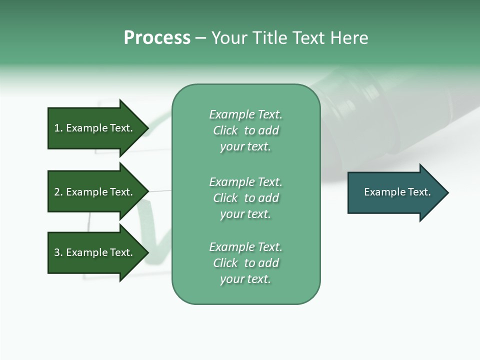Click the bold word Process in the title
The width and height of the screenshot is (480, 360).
(x=157, y=38)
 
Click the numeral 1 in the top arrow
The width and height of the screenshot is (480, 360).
(x=57, y=128)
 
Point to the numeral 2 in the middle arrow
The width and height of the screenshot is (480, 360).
(x=57, y=192)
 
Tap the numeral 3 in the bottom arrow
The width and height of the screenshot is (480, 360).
(x=57, y=253)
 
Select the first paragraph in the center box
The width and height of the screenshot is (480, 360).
(x=245, y=130)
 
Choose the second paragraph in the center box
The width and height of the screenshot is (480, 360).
(x=245, y=198)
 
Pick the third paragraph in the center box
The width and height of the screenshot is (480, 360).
(x=245, y=263)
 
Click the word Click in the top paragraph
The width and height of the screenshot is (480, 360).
(x=225, y=131)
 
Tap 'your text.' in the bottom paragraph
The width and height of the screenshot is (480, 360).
(x=245, y=279)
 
